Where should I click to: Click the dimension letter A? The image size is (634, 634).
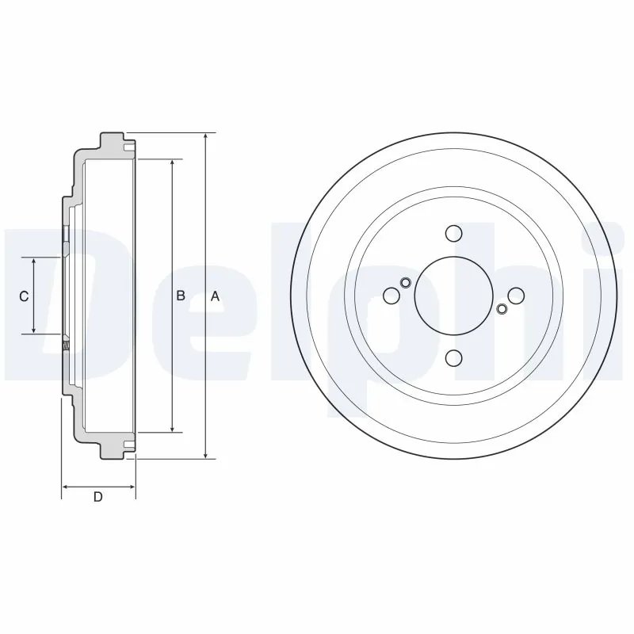(214, 296)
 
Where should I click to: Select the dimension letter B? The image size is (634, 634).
(181, 296)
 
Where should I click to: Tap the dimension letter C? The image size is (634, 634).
(25, 296)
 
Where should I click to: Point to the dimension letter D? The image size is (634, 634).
(98, 497)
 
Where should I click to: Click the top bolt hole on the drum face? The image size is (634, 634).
(453, 233)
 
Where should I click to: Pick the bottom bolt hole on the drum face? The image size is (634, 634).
(453, 358)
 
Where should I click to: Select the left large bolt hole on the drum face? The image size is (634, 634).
(391, 296)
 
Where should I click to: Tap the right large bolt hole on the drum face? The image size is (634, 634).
(516, 296)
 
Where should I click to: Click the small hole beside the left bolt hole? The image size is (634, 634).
(405, 283)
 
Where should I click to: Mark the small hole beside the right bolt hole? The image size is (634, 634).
(502, 308)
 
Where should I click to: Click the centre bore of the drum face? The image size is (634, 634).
(453, 296)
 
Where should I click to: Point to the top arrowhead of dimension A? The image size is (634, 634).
(205, 137)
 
